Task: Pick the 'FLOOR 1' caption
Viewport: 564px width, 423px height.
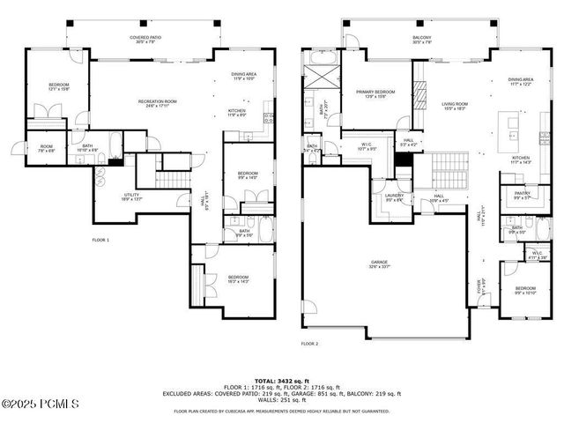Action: coord(101,240)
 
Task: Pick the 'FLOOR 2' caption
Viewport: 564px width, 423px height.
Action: coord(309,344)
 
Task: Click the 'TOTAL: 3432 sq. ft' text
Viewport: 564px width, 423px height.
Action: coord(281,379)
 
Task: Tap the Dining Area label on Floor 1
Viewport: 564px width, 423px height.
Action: coord(243,77)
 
